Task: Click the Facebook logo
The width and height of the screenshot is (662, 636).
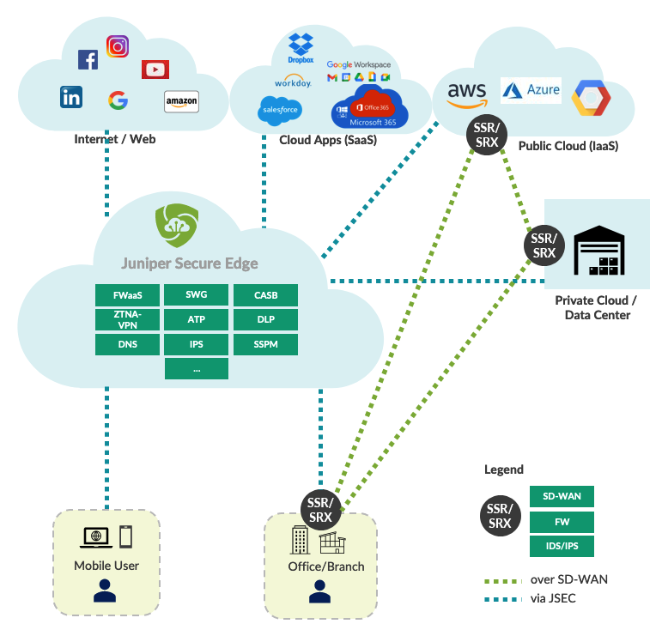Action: coord(88,59)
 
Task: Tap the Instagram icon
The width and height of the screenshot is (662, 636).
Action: coord(118,46)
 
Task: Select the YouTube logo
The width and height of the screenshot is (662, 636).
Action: coord(155,70)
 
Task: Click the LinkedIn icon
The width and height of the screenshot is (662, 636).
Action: coord(71,97)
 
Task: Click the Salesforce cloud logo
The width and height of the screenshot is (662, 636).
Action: coord(280,110)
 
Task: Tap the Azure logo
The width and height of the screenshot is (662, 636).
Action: coord(531,90)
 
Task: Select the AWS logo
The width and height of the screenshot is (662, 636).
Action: coord(467,95)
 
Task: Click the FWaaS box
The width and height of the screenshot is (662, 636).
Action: coord(127,295)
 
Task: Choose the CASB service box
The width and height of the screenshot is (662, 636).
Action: coord(265,295)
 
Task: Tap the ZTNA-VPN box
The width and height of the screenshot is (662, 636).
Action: coord(127,320)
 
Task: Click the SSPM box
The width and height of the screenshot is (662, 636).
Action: coord(265,345)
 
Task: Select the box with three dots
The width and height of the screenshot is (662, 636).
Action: coord(197,369)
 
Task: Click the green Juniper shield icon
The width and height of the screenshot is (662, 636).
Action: coord(177,226)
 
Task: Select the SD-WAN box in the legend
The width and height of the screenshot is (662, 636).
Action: coord(562,496)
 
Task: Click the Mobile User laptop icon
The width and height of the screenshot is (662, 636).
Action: coord(95,537)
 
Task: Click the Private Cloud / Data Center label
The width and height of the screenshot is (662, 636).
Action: coord(596,307)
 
